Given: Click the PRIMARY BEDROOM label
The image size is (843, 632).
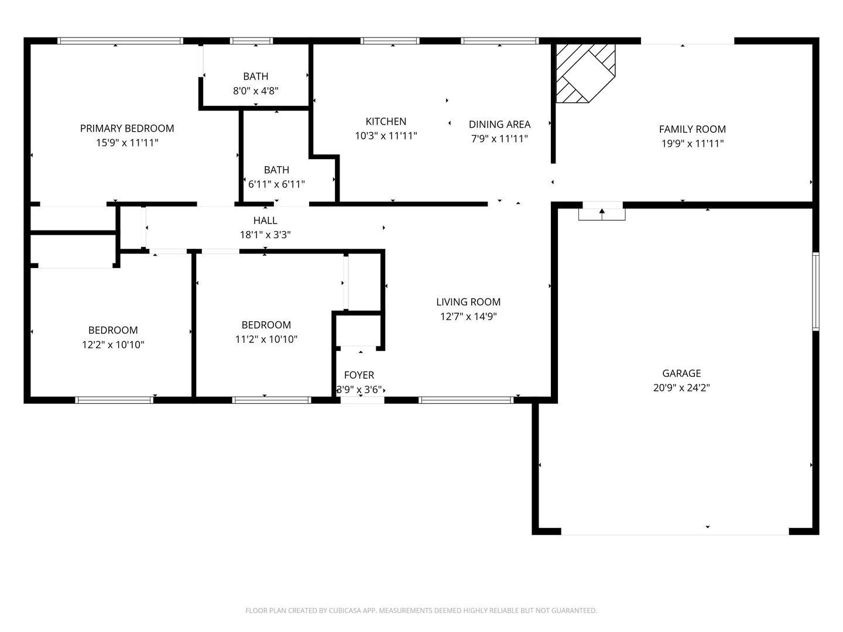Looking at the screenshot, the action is pos(126,128).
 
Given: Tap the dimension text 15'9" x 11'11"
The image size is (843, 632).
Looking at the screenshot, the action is pos(126,143).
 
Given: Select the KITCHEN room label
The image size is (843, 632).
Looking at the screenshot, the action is pos(386,122).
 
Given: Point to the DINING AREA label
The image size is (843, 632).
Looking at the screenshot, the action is pos(499,124).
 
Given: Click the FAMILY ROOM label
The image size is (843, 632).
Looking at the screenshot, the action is pos(692,129).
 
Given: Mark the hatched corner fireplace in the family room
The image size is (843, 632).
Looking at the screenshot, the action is pos(585,73).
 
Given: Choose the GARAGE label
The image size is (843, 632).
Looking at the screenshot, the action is pos(681,373).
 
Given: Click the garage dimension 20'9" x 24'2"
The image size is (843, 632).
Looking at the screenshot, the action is pos(681,387).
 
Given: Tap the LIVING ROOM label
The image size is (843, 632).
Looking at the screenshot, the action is pos(468,302).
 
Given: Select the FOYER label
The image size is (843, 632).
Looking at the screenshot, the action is pos(359,375).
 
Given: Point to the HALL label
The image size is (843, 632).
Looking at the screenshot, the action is pos(265,220).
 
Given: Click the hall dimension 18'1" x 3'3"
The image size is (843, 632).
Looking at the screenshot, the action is pos(265,235).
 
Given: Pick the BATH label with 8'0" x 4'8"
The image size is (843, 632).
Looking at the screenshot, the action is pos(255,76).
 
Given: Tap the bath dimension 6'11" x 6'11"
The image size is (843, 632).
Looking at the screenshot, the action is pos(276,184).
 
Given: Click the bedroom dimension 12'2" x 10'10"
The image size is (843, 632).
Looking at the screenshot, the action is pos(113,345).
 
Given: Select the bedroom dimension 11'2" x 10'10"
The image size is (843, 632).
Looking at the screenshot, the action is pos(266,339).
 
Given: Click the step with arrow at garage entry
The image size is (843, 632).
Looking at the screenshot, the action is pos(602,214).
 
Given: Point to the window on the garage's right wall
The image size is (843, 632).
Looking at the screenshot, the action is pos(815,291).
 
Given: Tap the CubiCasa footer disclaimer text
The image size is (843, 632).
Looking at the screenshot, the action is pos(421,610).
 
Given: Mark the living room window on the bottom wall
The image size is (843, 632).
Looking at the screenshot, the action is pos(466,400).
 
